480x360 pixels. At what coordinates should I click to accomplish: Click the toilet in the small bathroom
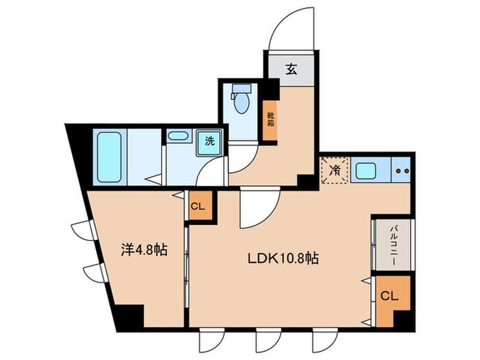(241, 99)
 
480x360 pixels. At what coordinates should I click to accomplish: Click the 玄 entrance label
(291, 69)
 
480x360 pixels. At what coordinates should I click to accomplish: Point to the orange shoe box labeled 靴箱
(272, 121)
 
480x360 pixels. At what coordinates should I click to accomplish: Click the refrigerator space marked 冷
(335, 170)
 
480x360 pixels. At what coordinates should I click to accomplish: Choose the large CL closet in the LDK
(388, 297)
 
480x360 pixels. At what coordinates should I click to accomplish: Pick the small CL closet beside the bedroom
(197, 206)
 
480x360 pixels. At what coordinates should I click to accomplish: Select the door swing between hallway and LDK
(256, 209)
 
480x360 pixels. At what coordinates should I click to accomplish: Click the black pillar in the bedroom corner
(128, 316)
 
